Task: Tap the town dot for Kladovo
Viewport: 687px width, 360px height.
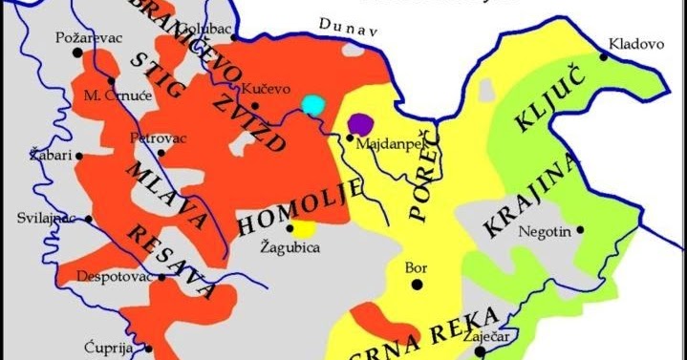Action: click(604, 57)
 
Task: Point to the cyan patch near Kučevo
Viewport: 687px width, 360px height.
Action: click(312, 103)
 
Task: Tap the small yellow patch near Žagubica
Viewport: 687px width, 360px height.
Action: click(304, 229)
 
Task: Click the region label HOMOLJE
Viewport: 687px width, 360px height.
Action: click(287, 203)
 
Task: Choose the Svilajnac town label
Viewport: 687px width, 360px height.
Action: click(45, 218)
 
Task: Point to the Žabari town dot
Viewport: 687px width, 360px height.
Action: click(80, 154)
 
